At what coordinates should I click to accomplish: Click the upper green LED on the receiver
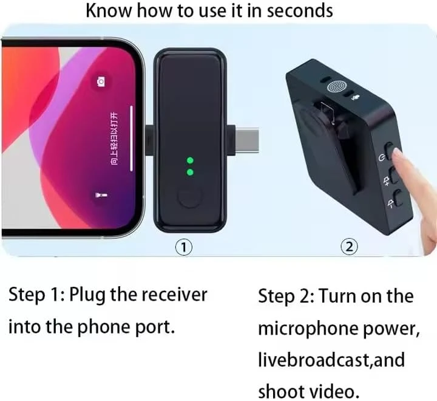[190, 160]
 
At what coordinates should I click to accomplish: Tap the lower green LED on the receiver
[190, 172]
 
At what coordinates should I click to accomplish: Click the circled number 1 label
[184, 247]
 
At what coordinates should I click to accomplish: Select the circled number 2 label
[349, 247]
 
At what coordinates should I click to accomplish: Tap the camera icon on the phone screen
[101, 82]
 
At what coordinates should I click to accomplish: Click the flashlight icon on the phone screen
[98, 195]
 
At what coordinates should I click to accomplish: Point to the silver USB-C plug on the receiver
[246, 140]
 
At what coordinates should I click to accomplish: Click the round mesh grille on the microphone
[337, 87]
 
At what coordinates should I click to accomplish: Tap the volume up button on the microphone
[394, 175]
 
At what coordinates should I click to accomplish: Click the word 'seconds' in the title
[300, 11]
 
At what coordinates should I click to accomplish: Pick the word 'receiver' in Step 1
[175, 295]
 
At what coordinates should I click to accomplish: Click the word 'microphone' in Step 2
[308, 329]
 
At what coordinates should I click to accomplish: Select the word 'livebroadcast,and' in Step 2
[331, 360]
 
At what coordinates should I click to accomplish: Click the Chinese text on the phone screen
[114, 139]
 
